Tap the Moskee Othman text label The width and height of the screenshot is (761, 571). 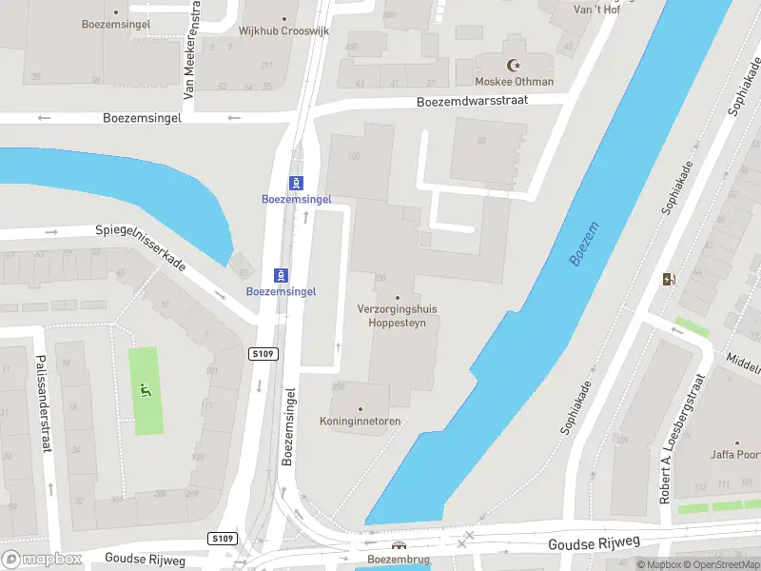click(515, 82)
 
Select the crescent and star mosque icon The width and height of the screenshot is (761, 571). click(516, 66)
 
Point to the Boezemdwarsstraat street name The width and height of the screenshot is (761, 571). click(485, 100)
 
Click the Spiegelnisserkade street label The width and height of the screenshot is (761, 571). click(141, 247)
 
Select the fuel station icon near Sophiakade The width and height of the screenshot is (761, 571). click(669, 279)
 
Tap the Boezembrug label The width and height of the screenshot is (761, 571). click(399, 559)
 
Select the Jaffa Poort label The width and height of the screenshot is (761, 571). click(734, 455)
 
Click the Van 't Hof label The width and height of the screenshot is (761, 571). click(598, 10)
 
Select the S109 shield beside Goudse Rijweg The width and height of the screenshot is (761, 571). click(222, 539)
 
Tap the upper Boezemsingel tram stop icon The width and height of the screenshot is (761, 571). click(297, 183)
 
